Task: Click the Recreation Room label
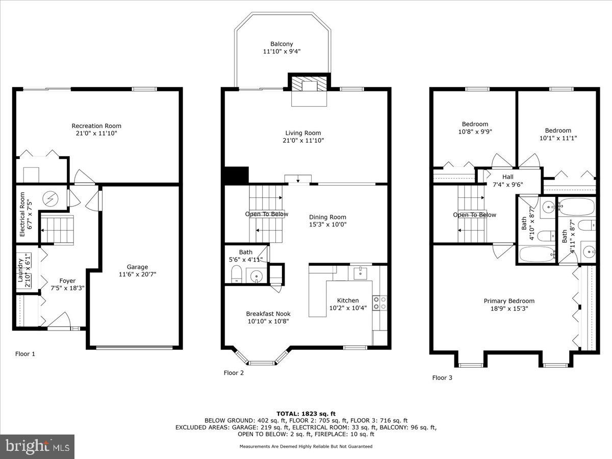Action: [96, 126]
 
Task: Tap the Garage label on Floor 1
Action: [137, 267]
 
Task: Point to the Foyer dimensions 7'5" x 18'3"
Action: [67, 288]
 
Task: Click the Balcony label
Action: [282, 44]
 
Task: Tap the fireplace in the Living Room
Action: [309, 90]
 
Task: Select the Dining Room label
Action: [327, 217]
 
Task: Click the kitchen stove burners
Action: [380, 303]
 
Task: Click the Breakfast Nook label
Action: [268, 314]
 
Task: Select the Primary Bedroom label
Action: [509, 301]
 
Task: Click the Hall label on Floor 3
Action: [507, 177]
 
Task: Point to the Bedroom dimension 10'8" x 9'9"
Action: [475, 131]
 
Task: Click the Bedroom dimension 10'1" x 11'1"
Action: [558, 138]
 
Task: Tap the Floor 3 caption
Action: [442, 378]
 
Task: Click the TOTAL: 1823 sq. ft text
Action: [306, 414]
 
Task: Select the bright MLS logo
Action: [38, 447]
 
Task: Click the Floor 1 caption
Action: [25, 353]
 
